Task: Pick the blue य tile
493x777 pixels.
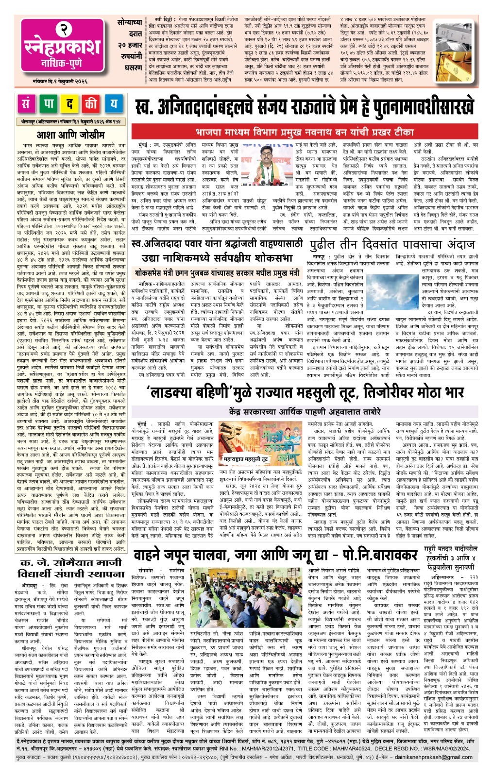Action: (113, 104)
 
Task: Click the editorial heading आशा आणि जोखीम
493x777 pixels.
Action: (71, 135)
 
